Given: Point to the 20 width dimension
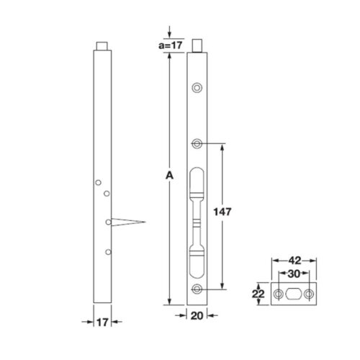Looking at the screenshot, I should point(197,315).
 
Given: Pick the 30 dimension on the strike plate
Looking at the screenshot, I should point(294,274).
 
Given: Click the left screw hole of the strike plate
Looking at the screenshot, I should point(279,294).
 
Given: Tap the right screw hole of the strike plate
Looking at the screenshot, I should point(310,294).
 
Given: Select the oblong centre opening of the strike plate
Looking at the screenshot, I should point(294,294).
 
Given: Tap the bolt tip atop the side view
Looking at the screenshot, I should point(103,48).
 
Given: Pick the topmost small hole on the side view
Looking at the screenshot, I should point(99,183).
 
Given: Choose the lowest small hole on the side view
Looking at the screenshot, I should point(107,251).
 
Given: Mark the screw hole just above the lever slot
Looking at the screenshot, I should point(197,143).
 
